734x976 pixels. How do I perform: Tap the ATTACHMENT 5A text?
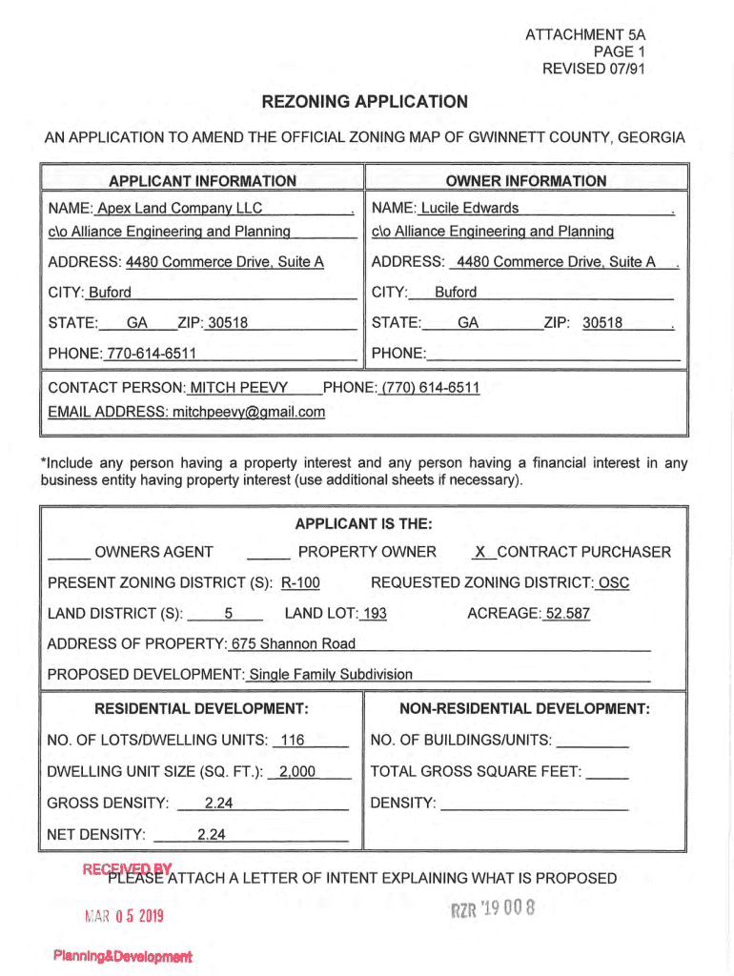point(585,35)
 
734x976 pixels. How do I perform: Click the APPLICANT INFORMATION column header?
point(202,181)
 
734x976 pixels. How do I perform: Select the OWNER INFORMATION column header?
point(525,181)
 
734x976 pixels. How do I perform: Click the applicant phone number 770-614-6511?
point(152,354)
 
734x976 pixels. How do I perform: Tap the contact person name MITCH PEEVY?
point(239,388)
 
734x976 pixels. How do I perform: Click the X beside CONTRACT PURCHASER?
point(480,552)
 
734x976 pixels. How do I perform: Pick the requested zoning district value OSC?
point(613,582)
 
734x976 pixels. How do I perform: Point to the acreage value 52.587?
point(566,613)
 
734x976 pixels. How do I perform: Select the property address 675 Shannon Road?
point(294,643)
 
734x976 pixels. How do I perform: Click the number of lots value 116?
point(293,741)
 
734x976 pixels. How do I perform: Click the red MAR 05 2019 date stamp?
point(123,917)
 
